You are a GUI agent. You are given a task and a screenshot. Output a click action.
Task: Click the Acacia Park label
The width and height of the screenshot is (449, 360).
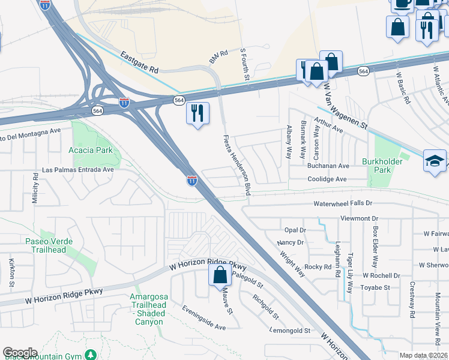[91, 150]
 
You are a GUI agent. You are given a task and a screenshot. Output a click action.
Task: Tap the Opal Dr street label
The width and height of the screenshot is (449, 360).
[295, 230]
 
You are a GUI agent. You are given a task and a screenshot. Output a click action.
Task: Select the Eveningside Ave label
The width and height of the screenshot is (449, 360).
[204, 317]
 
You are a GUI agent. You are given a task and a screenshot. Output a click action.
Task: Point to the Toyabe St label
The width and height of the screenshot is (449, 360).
[376, 287]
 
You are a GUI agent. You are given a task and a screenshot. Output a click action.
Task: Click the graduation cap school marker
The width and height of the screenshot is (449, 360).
[435, 160]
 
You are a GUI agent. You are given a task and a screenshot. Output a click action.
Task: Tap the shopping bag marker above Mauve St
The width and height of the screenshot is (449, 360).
[220, 275]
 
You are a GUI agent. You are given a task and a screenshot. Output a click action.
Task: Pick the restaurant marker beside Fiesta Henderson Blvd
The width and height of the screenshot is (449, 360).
[197, 112]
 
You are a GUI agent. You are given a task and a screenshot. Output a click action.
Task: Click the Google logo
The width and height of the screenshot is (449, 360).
[20, 353]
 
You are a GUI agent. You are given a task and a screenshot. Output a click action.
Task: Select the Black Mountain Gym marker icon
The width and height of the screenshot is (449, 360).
[91, 355]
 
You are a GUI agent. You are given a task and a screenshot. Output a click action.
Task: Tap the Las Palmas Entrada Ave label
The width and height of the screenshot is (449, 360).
[77, 170]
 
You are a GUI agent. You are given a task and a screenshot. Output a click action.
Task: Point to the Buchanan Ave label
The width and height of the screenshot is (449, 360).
[328, 166]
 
